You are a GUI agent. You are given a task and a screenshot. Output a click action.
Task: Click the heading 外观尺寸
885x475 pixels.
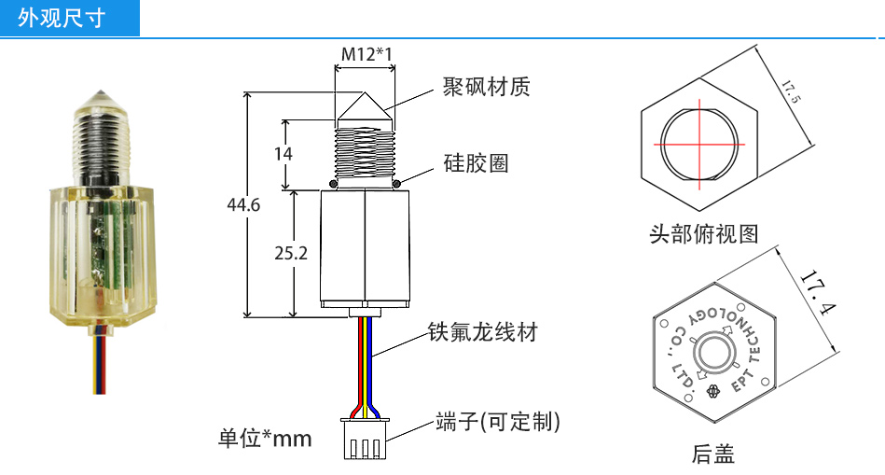[x=62, y=19]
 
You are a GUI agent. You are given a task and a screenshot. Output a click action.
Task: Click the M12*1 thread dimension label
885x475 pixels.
[x=366, y=54]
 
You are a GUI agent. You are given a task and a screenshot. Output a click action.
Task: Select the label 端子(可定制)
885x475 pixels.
[x=497, y=422]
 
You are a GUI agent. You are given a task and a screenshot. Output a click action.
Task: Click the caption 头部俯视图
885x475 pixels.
[x=704, y=233]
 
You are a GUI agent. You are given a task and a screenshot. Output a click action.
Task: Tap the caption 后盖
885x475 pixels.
[x=713, y=454]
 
